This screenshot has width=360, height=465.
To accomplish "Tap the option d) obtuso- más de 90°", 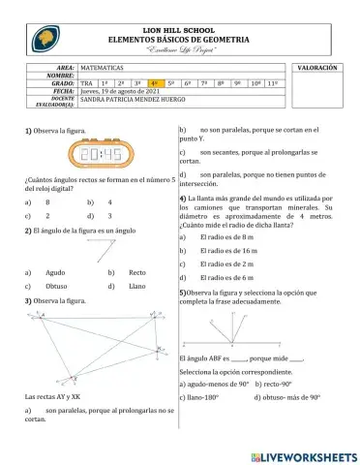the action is click(x=287, y=397).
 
